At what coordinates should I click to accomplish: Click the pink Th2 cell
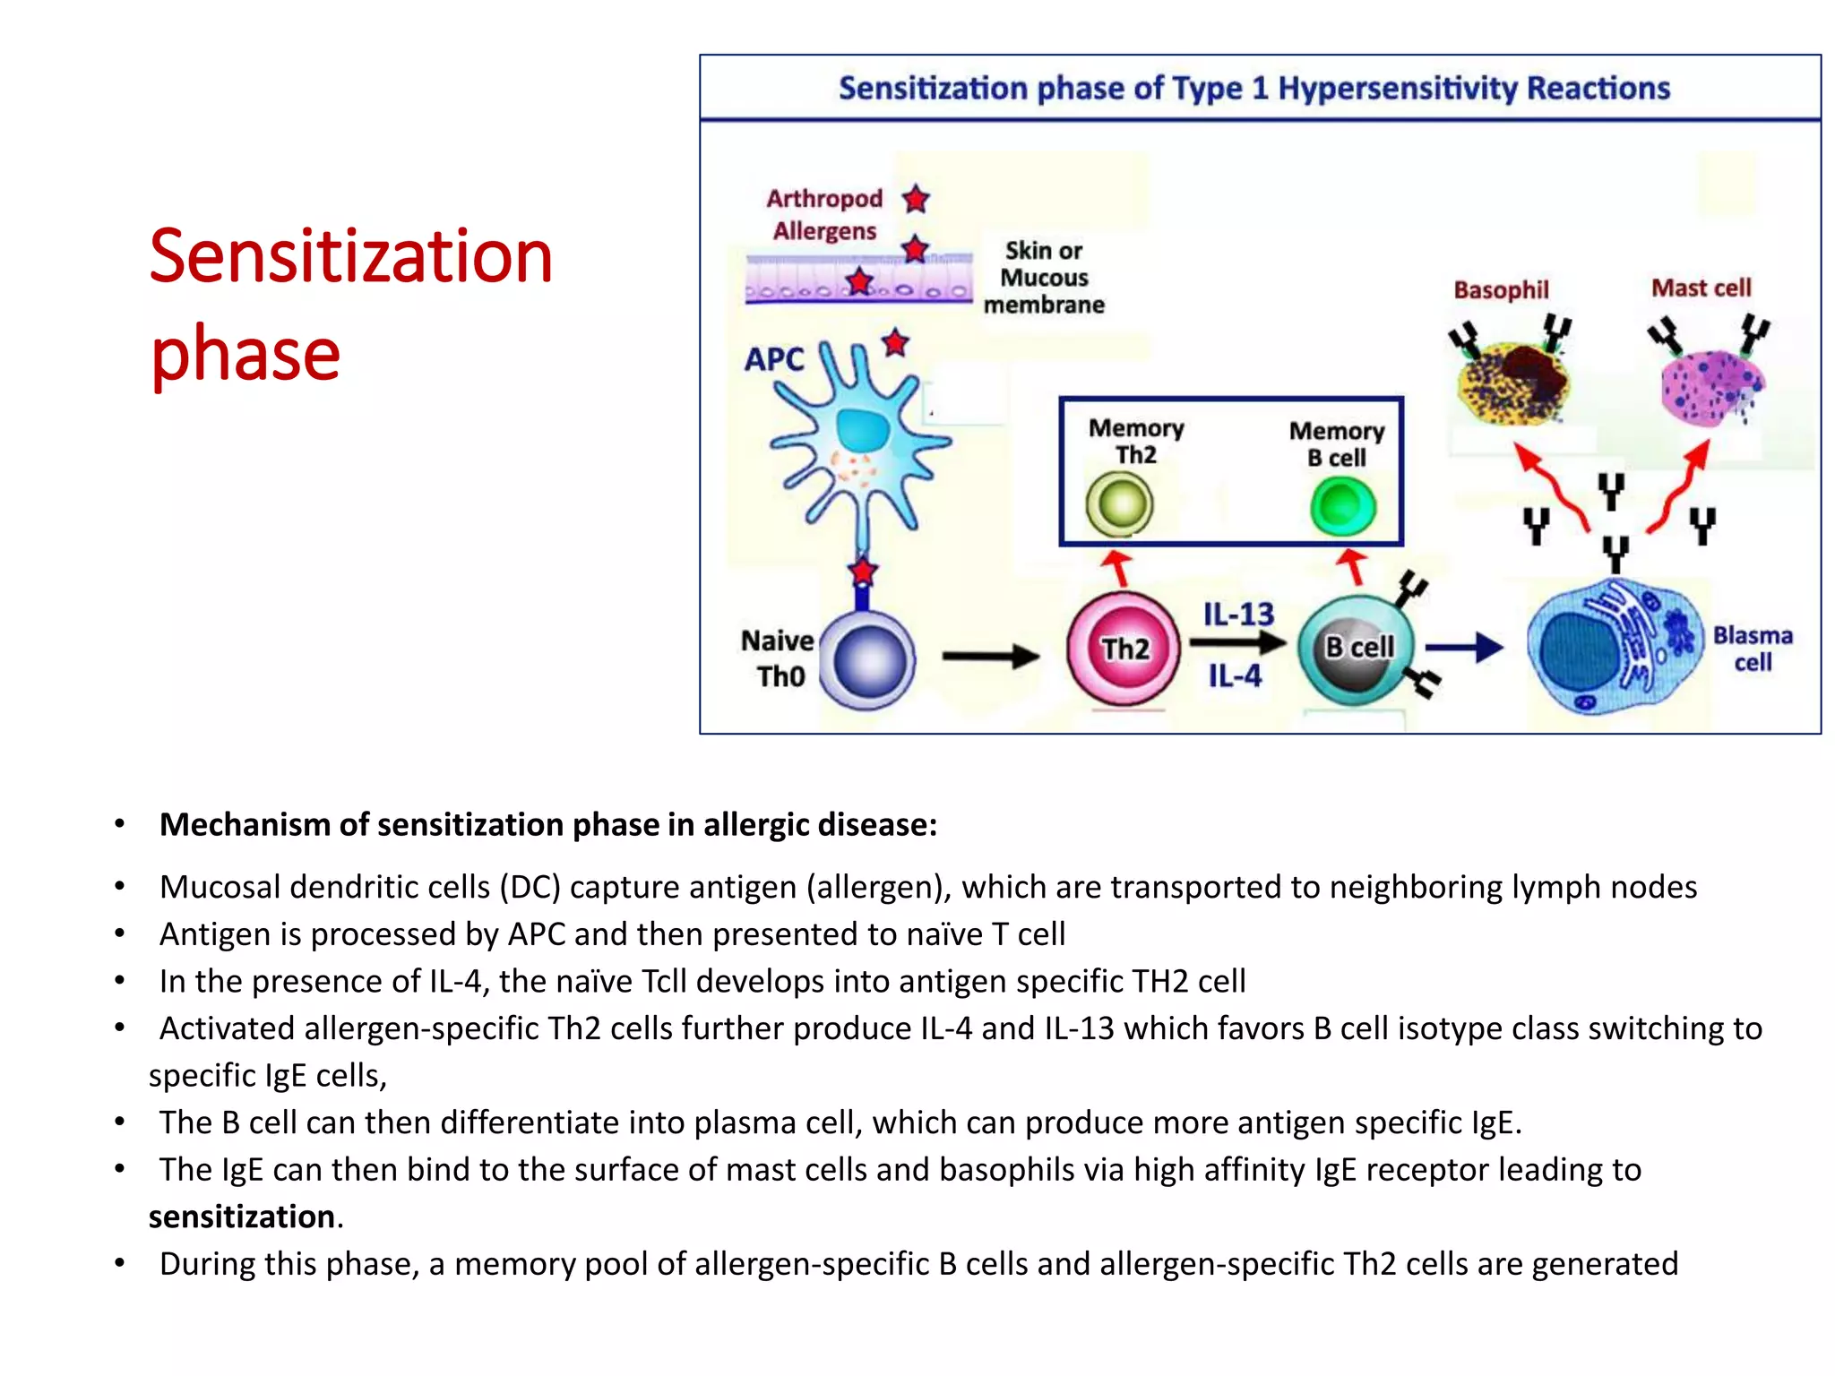point(1124,648)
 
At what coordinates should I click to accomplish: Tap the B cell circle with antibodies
point(1357,649)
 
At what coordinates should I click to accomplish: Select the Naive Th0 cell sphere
point(867,661)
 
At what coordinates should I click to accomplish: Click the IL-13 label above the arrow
point(1238,615)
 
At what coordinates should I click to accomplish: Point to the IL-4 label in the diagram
point(1235,675)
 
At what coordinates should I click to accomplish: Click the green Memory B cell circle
point(1342,506)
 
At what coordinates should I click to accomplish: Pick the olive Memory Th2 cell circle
point(1119,504)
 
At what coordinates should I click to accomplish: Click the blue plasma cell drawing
point(1613,649)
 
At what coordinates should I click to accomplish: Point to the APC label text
point(774,359)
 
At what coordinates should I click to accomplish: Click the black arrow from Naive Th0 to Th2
point(990,657)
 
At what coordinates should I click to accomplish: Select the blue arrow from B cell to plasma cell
point(1463,647)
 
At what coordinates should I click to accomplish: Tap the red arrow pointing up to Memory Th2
point(1116,567)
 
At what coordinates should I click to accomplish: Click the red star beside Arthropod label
point(915,198)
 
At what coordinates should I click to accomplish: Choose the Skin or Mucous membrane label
point(1044,277)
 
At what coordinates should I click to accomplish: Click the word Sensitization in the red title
point(350,257)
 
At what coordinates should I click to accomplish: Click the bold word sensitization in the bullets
point(242,1217)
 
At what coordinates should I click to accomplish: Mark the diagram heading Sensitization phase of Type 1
point(1253,89)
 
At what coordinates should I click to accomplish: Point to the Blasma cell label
point(1753,649)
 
